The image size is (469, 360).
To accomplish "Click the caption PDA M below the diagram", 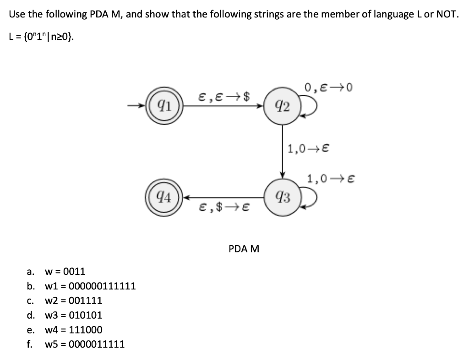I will point(244,249).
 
